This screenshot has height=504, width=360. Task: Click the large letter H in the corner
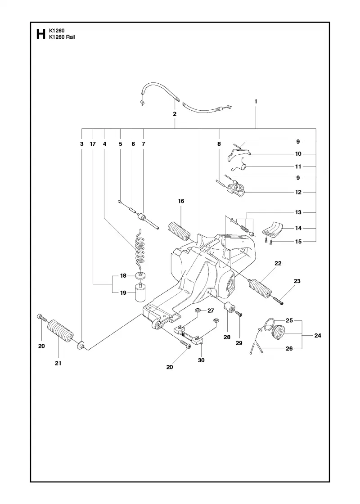(x=40, y=34)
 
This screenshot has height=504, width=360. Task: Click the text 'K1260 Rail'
(x=62, y=37)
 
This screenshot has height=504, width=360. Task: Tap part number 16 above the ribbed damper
(x=181, y=201)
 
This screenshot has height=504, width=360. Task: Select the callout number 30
(x=201, y=360)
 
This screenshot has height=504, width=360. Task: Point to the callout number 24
(x=318, y=335)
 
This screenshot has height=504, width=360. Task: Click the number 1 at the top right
(x=256, y=101)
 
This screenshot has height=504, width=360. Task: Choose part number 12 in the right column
(x=298, y=192)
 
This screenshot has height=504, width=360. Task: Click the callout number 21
(x=58, y=363)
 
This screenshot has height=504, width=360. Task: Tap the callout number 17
(x=93, y=144)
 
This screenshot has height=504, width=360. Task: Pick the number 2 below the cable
(x=175, y=114)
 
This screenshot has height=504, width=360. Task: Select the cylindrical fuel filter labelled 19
(x=139, y=292)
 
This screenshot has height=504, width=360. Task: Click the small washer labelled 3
(x=81, y=346)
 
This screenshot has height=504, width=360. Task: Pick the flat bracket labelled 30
(x=189, y=333)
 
